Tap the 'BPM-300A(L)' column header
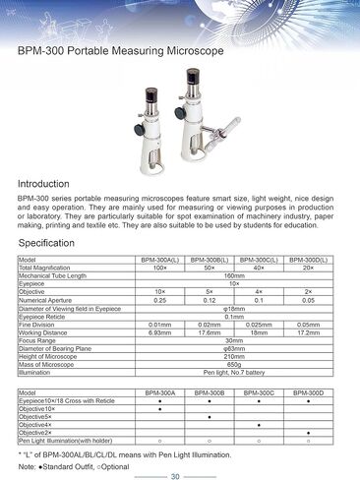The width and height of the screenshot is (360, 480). point(159,260)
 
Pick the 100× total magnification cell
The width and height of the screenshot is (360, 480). point(159,268)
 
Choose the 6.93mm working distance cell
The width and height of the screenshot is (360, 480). point(159,332)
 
